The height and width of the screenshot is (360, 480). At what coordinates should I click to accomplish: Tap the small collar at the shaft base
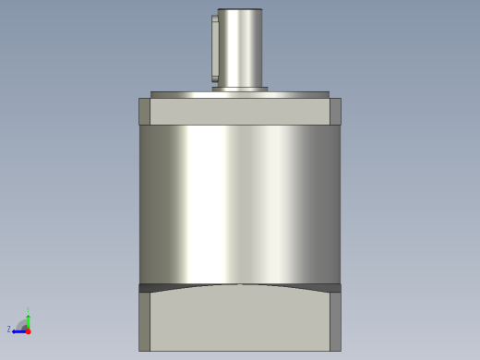[240, 89]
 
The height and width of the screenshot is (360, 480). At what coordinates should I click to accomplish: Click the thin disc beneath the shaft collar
[240, 94]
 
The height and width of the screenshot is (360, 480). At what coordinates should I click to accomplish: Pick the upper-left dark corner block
[144, 111]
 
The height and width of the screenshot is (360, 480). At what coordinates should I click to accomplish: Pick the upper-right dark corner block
[335, 111]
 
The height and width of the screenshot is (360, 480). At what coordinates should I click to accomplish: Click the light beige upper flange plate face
[240, 112]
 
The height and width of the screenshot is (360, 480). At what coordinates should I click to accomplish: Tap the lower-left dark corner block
[144, 321]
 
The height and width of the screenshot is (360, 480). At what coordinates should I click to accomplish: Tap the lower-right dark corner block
[335, 321]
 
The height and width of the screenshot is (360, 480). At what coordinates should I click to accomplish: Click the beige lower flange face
[240, 323]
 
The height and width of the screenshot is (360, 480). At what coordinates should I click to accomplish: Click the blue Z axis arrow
[18, 329]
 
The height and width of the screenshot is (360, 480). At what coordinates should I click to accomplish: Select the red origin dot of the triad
[28, 330]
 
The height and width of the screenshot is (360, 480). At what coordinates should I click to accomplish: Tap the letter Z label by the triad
[9, 329]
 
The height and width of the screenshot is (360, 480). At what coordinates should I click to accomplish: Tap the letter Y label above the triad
[28, 310]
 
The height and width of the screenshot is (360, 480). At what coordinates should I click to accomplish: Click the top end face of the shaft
[240, 10]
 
